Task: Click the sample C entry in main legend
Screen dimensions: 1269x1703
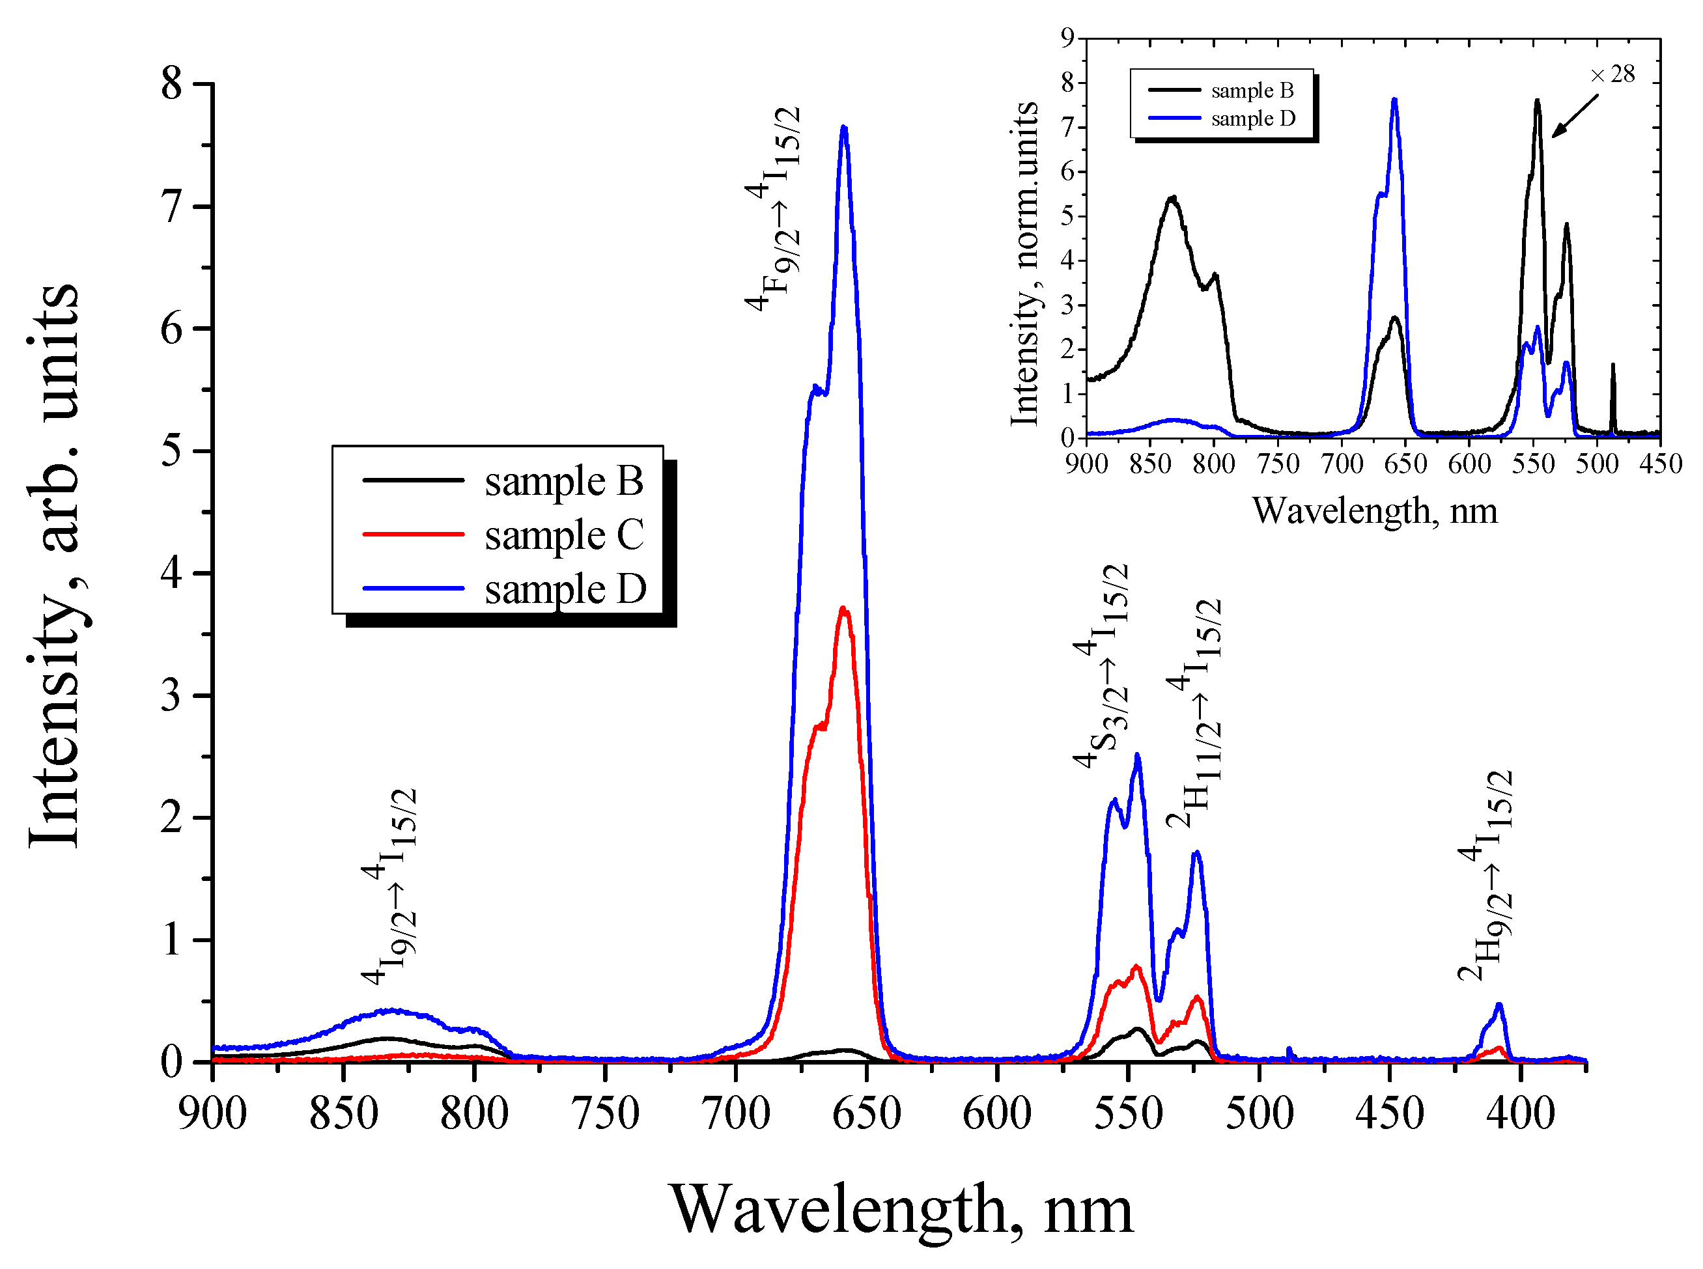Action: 563,535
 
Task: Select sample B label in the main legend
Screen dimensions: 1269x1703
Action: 563,482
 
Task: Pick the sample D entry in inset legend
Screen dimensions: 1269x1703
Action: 1252,119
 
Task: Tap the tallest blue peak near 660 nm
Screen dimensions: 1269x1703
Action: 844,128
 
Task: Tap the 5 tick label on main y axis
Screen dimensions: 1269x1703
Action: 172,451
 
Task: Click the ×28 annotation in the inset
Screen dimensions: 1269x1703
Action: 1612,74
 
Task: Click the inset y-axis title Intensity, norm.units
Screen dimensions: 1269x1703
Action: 1023,264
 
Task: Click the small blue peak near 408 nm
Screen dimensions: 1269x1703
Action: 1498,1005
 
